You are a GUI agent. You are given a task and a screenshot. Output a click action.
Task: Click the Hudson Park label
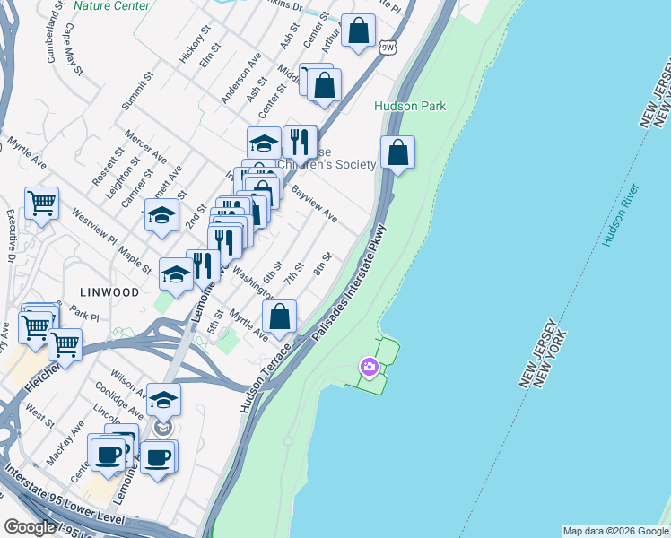(410, 106)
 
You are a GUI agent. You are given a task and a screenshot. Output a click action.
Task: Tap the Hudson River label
(620, 216)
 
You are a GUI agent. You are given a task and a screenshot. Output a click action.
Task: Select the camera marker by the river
(369, 367)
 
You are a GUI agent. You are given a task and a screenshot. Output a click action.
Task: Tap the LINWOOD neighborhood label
(109, 292)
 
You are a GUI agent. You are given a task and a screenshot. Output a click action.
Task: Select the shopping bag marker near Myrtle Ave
(280, 317)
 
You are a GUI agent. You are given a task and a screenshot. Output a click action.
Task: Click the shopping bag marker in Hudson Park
(397, 152)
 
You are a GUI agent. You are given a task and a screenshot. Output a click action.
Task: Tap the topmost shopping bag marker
(358, 31)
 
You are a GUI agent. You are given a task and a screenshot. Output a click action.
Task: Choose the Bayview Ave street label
(314, 204)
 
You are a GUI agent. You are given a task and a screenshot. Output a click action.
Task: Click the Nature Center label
(111, 5)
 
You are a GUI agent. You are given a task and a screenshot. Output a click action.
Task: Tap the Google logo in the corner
(30, 527)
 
